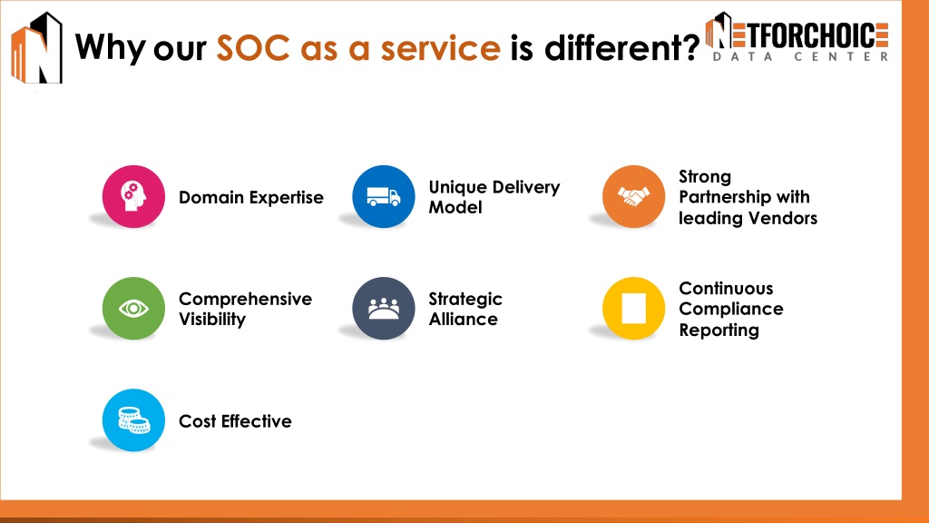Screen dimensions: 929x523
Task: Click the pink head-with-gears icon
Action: pyautogui.click(x=133, y=196)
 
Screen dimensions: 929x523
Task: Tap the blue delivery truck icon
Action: pyautogui.click(x=384, y=196)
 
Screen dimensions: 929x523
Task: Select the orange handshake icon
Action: pyautogui.click(x=633, y=196)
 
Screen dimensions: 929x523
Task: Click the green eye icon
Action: pyautogui.click(x=133, y=309)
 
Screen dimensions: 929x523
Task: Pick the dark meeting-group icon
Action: pyautogui.click(x=384, y=309)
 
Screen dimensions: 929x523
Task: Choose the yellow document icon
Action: pyautogui.click(x=633, y=309)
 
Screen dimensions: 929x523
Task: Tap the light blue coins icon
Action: pyautogui.click(x=133, y=419)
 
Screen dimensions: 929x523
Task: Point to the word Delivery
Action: pyautogui.click(x=526, y=187)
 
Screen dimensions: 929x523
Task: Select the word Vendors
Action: pyautogui.click(x=783, y=218)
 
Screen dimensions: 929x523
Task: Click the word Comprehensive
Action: pyautogui.click(x=245, y=299)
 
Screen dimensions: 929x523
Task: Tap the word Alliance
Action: pyautogui.click(x=464, y=319)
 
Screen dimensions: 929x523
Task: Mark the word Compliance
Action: pyautogui.click(x=731, y=310)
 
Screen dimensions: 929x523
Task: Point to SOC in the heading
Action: pyautogui.click(x=253, y=48)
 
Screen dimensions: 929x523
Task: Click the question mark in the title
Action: pyautogui.click(x=690, y=47)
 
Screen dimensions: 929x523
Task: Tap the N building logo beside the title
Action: pyautogui.click(x=36, y=48)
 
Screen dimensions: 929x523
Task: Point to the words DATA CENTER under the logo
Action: pyautogui.click(x=800, y=57)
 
